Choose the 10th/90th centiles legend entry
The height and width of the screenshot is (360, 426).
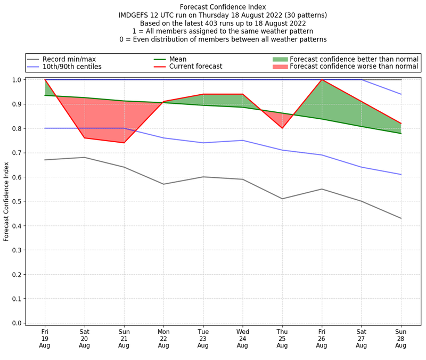72,67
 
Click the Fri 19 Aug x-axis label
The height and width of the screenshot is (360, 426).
45,338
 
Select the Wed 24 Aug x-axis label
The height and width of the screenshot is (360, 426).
243,338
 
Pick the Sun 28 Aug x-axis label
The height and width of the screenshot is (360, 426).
401,338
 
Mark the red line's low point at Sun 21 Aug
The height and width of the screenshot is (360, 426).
124,143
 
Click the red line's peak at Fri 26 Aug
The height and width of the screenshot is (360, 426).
322,80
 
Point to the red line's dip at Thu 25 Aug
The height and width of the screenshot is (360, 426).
282,128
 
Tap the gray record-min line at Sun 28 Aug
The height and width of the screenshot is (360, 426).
401,218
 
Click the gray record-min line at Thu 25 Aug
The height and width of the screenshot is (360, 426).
282,199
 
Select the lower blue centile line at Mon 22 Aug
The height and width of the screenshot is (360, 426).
163,138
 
